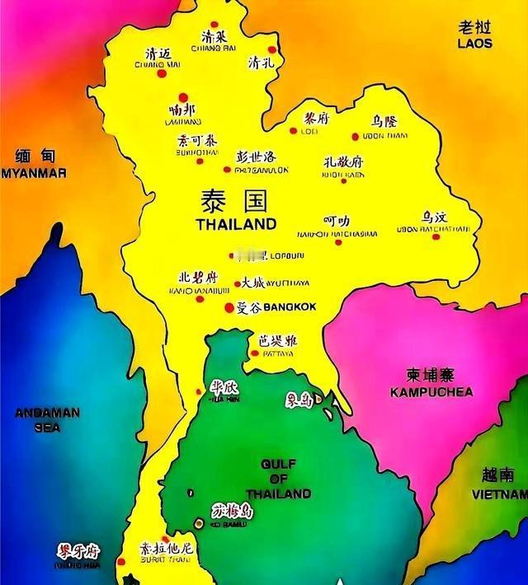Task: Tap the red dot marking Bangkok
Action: pos(229,308)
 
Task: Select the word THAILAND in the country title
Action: pos(236,223)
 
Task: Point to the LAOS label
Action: pos(475,43)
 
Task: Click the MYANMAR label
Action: pos(34,173)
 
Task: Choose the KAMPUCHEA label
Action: pos(431,392)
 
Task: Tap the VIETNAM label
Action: pos(499,494)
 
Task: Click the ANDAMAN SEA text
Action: pos(48,419)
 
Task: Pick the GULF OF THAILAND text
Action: pos(278,479)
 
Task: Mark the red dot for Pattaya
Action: pos(252,354)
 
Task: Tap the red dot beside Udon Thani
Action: pos(356,137)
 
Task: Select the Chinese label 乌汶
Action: pos(436,217)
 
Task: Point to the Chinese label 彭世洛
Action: pos(256,157)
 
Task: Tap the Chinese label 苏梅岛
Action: pos(233,511)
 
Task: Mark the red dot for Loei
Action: pos(293,130)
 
